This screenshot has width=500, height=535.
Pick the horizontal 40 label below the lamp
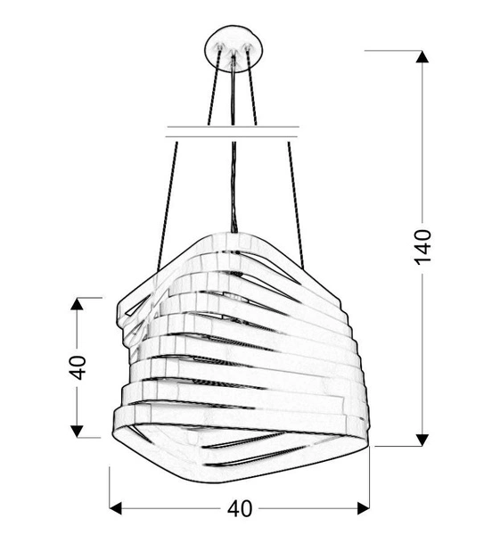240,509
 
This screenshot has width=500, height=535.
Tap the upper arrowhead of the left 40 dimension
78,303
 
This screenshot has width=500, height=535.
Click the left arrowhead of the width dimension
115,509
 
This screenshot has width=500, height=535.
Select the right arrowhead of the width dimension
363,509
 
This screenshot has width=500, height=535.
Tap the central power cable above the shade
233,178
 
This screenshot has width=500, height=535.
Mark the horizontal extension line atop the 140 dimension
392,51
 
